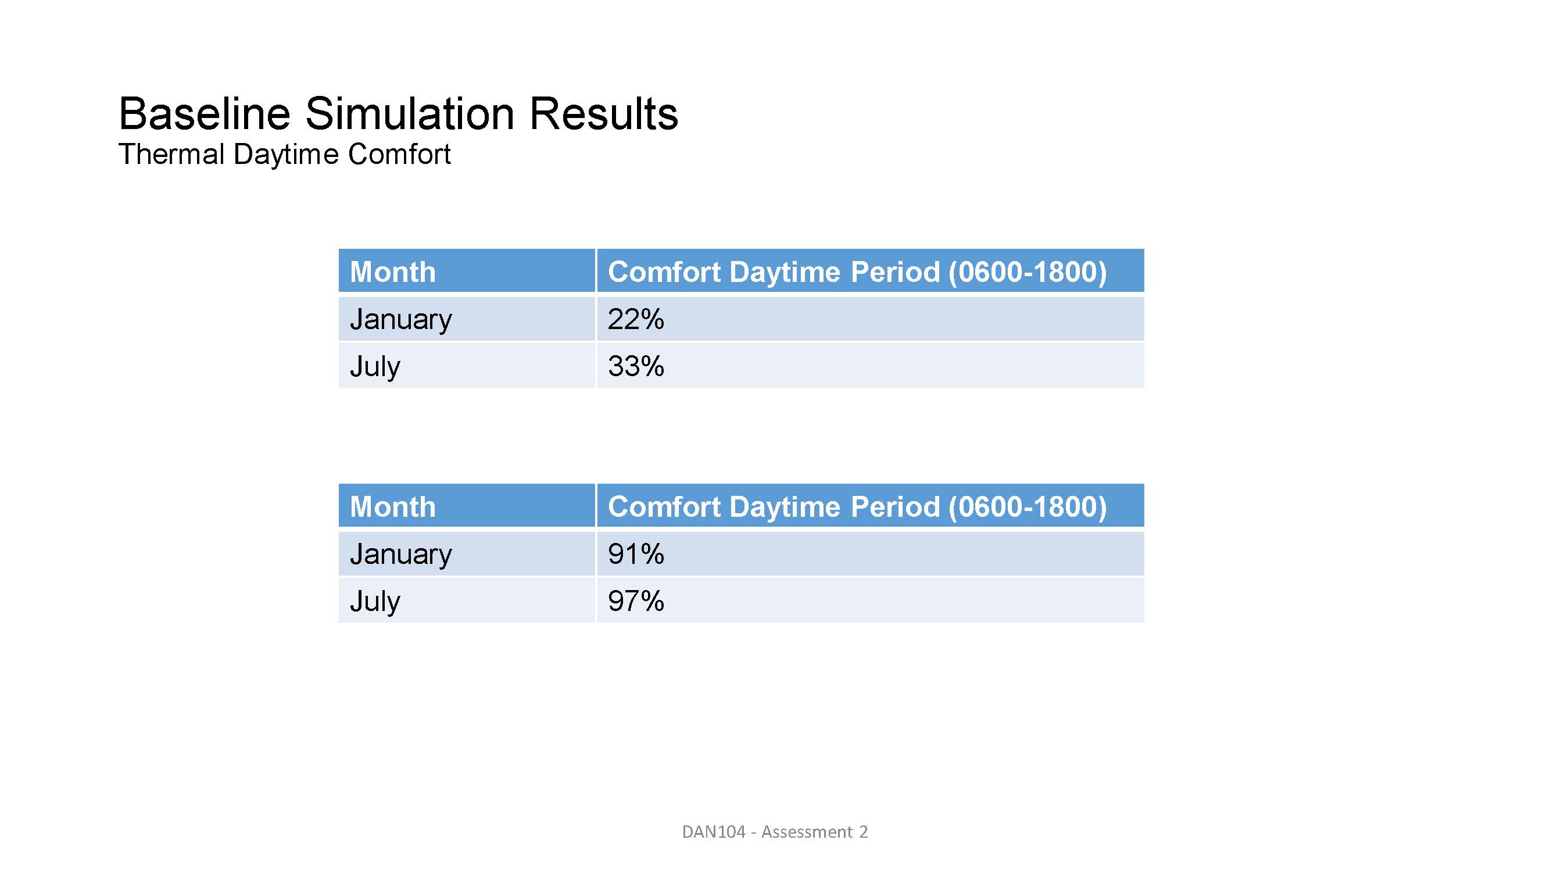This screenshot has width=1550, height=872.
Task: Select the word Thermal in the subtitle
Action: pos(171,154)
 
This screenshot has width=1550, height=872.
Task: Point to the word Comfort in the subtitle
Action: pos(399,154)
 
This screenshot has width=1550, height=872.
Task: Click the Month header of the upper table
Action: pos(392,271)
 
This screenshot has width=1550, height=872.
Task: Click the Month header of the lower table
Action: pos(392,506)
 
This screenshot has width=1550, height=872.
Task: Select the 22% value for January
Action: pos(636,319)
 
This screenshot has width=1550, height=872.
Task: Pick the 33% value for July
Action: pos(636,366)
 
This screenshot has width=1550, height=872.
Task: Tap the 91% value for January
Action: pos(636,553)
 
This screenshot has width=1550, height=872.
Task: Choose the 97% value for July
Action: pos(636,601)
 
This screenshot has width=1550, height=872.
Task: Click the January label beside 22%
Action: pos(401,320)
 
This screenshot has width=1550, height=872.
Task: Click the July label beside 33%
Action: pos(375,367)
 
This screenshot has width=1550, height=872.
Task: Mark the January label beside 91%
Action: pos(401,555)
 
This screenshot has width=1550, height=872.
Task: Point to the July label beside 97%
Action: pos(375,602)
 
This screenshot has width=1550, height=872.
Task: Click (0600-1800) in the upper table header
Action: pos(1027,272)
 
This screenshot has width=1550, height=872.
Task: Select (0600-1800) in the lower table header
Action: pos(1027,507)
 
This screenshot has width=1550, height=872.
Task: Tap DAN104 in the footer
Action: pos(714,832)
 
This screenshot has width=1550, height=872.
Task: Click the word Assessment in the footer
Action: pos(806,832)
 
